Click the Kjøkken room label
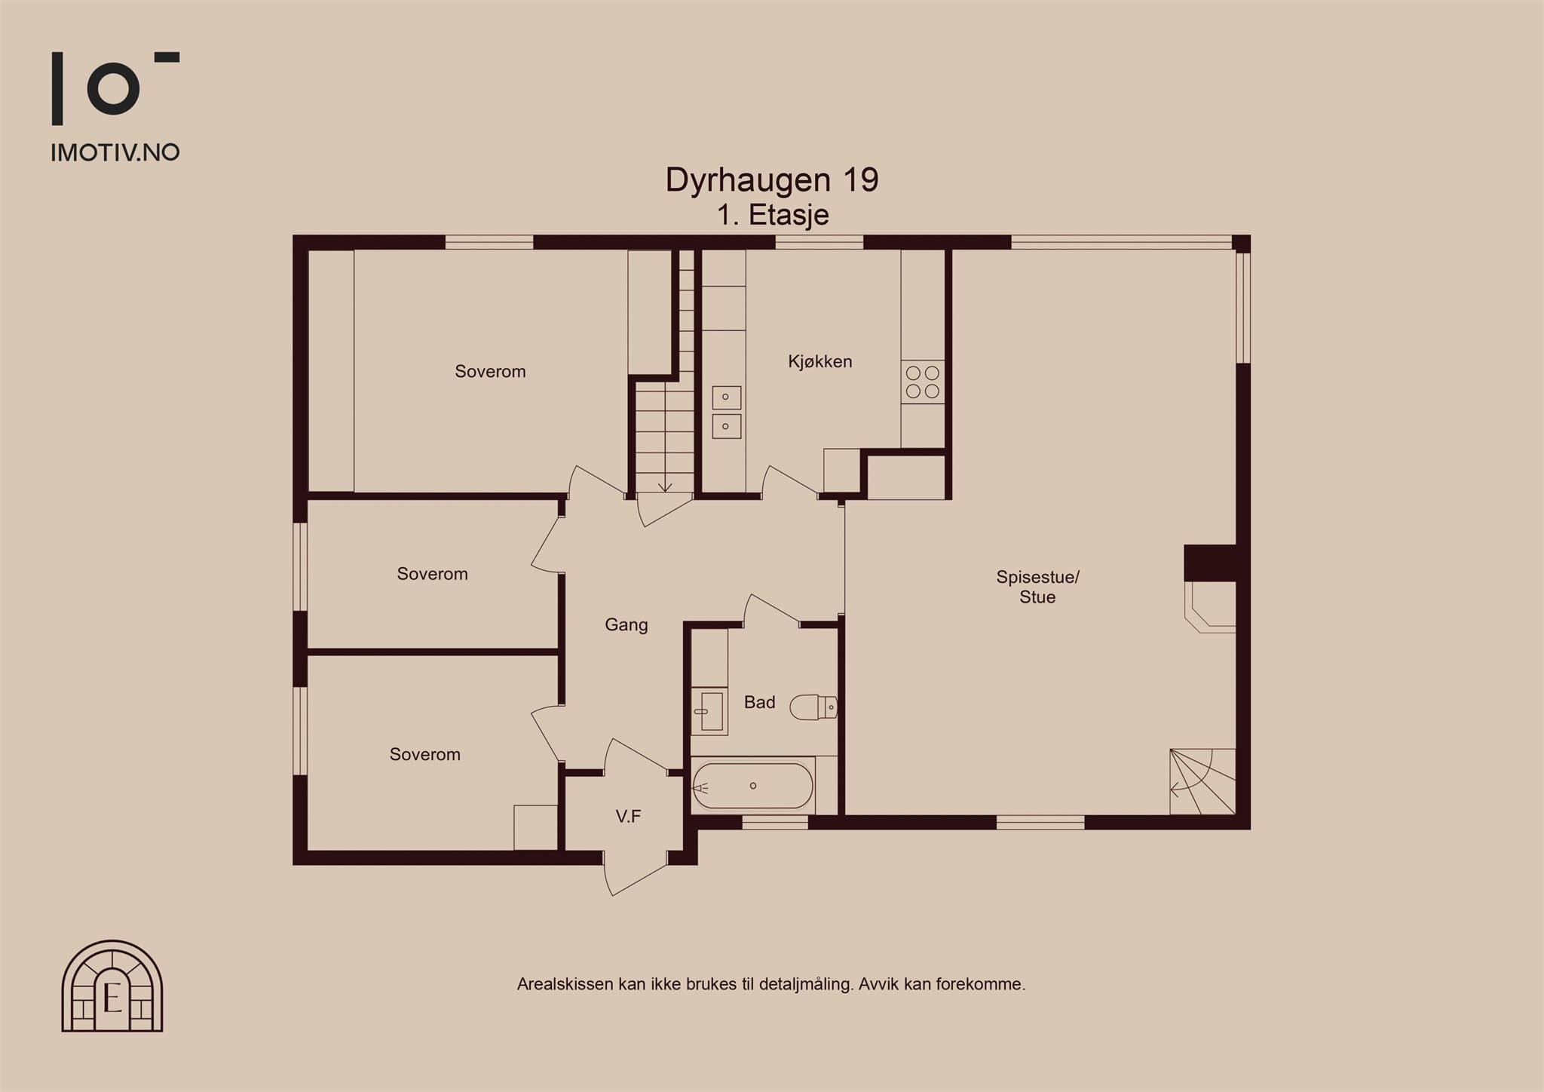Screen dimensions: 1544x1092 coord(819,362)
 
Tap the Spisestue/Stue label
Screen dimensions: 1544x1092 coord(1037,587)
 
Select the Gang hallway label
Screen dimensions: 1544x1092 coord(626,625)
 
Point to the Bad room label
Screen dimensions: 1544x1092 coord(759,702)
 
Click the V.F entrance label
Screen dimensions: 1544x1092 coord(628,815)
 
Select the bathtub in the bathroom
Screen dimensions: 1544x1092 coord(752,786)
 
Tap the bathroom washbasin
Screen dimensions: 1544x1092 coord(709,711)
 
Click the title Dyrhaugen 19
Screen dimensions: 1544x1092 coord(772,180)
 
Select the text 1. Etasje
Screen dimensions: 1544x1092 coord(773,215)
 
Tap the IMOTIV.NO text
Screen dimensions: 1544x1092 coord(115,152)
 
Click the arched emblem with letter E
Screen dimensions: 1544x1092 coord(112,986)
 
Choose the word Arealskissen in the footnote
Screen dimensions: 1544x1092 coord(565,984)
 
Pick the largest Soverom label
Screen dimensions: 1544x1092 coord(490,372)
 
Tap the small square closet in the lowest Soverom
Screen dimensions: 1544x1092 coord(536,828)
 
